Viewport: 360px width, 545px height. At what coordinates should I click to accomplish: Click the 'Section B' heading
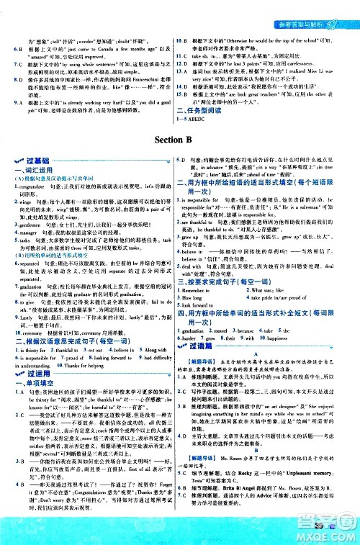tap(179, 139)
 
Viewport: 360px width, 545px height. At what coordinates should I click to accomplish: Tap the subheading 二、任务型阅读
tap(197, 111)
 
